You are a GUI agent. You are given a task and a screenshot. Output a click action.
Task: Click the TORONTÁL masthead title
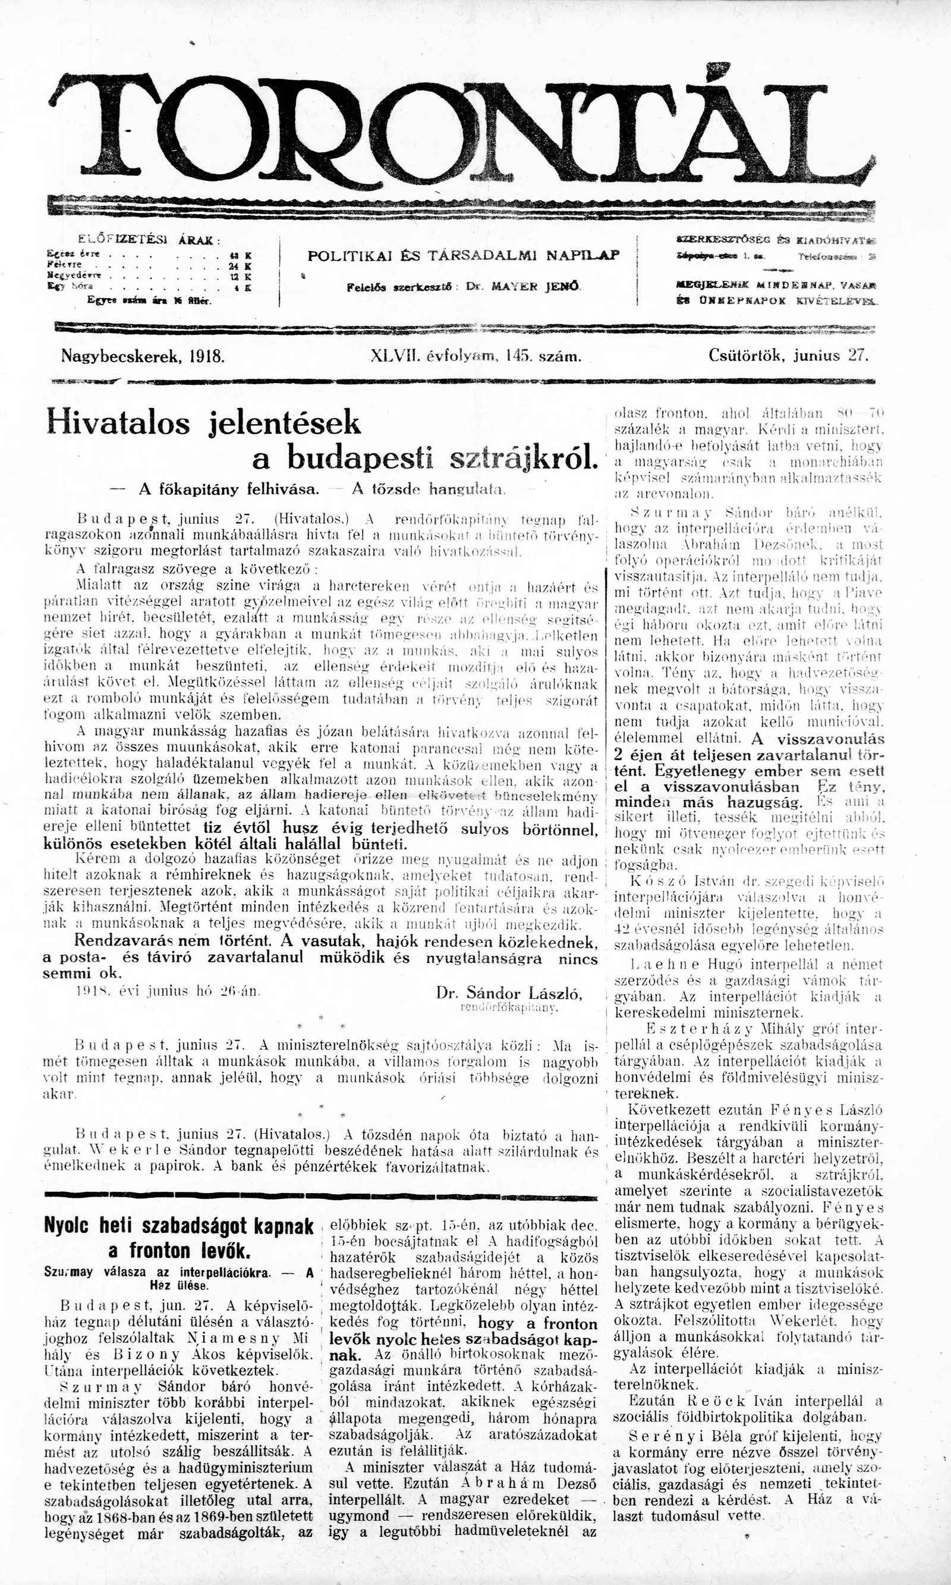tap(461, 128)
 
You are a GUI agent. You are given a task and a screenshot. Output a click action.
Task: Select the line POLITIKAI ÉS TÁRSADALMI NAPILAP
tap(464, 255)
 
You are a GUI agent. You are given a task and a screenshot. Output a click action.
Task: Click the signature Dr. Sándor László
tap(509, 994)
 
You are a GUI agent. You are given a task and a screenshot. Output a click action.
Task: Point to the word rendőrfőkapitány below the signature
tap(509, 1008)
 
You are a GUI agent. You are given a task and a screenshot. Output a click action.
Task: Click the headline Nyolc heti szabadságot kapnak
tap(179, 1225)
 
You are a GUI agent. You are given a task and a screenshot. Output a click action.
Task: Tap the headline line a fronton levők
tap(179, 1250)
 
